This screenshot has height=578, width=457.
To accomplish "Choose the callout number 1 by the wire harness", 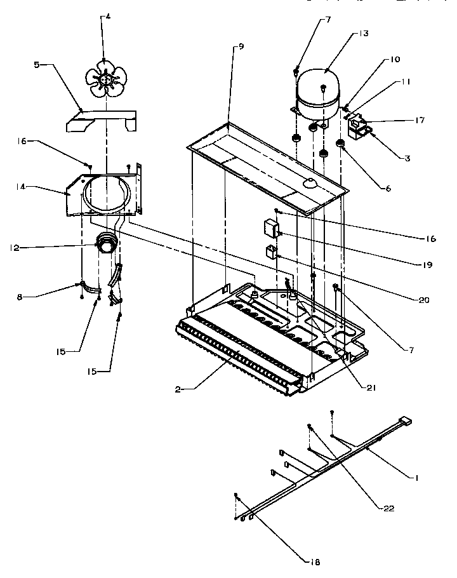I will click(x=416, y=479).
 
